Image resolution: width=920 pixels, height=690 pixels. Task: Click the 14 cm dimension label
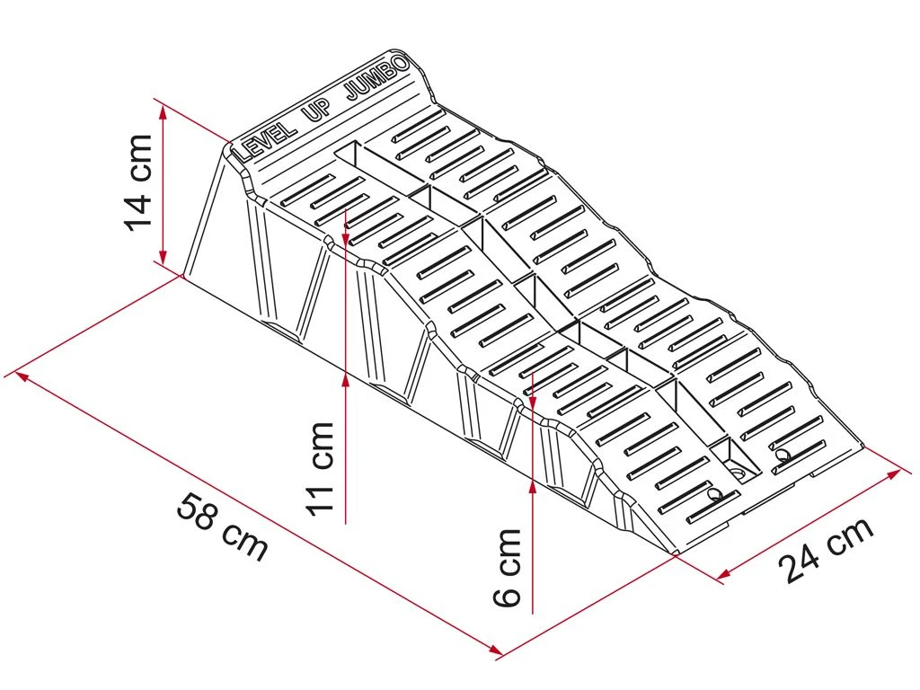click(138, 182)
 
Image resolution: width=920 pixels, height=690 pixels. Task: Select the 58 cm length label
click(223, 527)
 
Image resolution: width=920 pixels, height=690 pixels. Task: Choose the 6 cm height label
click(507, 567)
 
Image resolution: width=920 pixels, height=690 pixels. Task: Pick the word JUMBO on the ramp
click(376, 78)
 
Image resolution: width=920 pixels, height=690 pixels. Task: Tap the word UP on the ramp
click(316, 111)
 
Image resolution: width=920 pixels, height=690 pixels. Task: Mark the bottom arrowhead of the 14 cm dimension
click(164, 255)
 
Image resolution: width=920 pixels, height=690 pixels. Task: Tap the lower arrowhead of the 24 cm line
click(723, 573)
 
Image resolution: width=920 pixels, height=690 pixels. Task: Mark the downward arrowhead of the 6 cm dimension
click(532, 402)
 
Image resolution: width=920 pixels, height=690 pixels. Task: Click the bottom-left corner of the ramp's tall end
click(183, 275)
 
